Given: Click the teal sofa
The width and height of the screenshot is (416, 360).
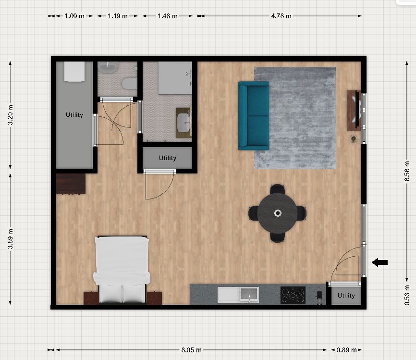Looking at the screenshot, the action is (x=254, y=116).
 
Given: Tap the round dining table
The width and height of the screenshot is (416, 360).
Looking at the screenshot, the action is (x=277, y=213).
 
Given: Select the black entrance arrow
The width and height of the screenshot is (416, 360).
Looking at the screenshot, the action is (x=379, y=262).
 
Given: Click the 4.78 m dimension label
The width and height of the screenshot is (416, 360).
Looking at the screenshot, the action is (x=281, y=16).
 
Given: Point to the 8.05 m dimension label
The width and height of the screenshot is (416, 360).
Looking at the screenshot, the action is (x=191, y=350).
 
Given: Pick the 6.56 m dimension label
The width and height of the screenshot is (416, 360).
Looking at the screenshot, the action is (x=407, y=171).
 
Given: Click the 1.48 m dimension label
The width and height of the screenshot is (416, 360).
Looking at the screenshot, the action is (x=167, y=16).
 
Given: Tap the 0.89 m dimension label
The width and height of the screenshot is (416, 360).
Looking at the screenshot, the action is (x=346, y=350).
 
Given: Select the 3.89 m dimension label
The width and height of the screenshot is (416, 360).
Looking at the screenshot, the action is (x=10, y=239).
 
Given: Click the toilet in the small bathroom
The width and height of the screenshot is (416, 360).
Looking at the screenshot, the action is (x=130, y=83).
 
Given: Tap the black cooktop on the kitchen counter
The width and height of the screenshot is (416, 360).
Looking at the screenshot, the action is (x=293, y=295).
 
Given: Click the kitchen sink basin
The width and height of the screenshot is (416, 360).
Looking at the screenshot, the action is (x=249, y=295).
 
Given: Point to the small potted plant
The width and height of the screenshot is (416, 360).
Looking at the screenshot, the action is (x=354, y=139).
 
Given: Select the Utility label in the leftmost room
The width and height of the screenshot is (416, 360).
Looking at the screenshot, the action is (x=74, y=115).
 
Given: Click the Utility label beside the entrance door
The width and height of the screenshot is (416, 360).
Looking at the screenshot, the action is (x=346, y=296).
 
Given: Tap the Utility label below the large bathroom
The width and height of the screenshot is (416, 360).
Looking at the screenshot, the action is (x=167, y=158).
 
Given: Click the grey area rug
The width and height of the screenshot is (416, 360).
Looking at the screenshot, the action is (x=295, y=118).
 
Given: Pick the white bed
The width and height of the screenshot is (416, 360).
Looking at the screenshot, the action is (x=122, y=270).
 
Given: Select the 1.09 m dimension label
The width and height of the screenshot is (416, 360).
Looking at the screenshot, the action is (x=74, y=16).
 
